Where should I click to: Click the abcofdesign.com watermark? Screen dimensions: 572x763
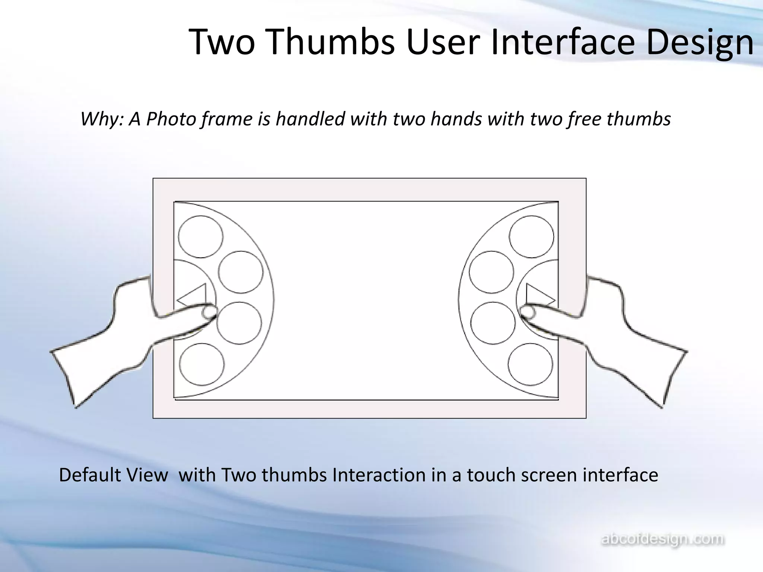(663, 539)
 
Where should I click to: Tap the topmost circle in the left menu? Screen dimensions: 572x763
(200, 236)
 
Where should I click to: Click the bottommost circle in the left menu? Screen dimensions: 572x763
(202, 364)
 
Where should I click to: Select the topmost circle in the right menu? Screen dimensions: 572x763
(531, 236)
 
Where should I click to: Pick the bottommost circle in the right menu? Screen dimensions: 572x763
(530, 364)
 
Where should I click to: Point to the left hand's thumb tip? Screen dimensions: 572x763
(209, 312)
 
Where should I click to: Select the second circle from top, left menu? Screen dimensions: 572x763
(240, 272)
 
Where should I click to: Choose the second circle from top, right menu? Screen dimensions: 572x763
(491, 272)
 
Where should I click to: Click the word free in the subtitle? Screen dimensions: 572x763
(585, 119)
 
